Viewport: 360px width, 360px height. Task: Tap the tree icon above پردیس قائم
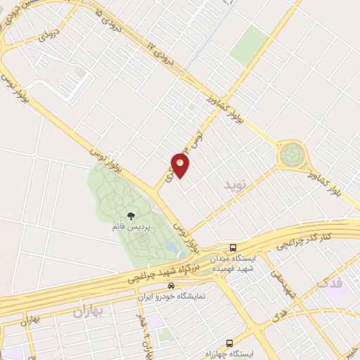click(130, 216)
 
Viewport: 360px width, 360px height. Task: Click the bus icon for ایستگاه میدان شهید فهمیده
click(232, 247)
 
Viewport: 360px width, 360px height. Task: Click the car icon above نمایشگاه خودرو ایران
click(171, 286)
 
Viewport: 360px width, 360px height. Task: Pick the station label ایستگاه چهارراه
click(231, 353)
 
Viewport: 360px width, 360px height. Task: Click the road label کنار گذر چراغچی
click(303, 242)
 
